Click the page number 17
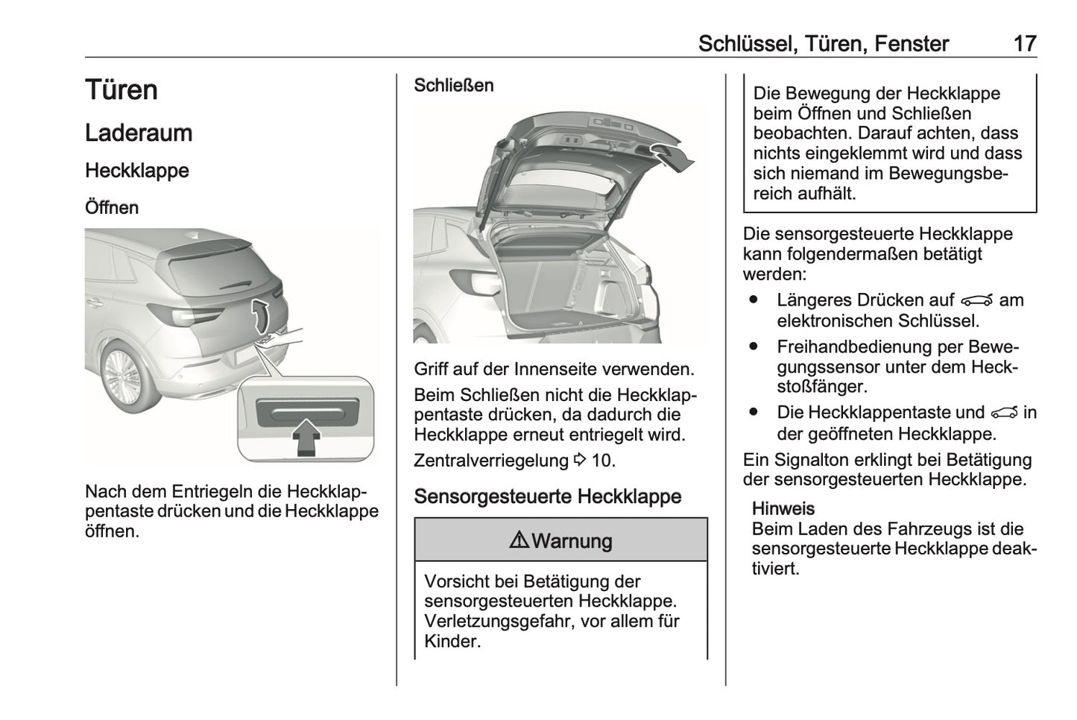(1025, 43)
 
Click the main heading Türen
(121, 90)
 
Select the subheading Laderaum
(139, 133)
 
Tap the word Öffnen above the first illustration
(112, 207)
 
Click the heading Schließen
(453, 86)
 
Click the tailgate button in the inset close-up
(306, 410)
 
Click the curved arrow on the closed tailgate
(259, 315)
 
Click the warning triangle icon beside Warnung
(519, 540)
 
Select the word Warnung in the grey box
(572, 541)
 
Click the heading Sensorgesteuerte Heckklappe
(547, 497)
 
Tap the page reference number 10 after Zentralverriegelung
(602, 461)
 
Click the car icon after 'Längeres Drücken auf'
(977, 300)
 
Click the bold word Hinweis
(783, 509)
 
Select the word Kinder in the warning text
(450, 641)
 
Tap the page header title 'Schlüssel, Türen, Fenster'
(823, 43)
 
